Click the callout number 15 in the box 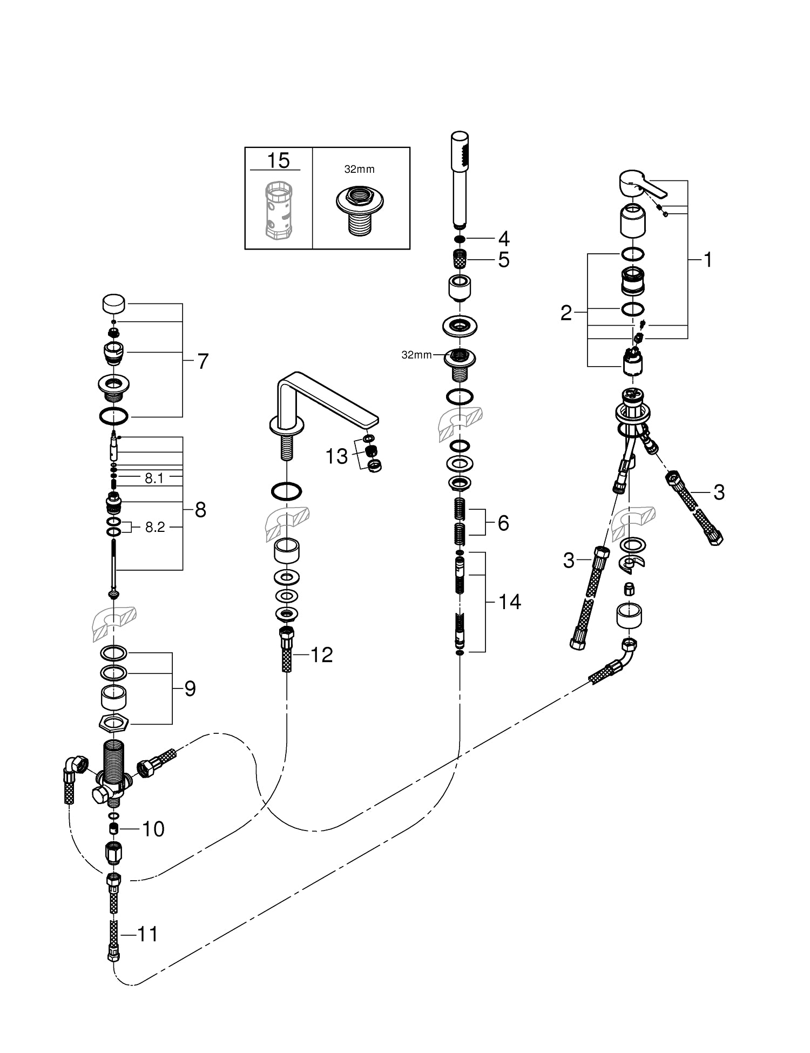pyautogui.click(x=279, y=160)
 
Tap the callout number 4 pyautogui.click(x=503, y=238)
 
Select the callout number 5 pyautogui.click(x=503, y=260)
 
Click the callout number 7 pyautogui.click(x=202, y=361)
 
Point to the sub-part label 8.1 pyautogui.click(x=154, y=478)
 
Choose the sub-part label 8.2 pyautogui.click(x=154, y=527)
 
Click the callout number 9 pyautogui.click(x=190, y=688)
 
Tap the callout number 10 pyautogui.click(x=153, y=829)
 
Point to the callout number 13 pyautogui.click(x=336, y=456)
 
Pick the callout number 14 pyautogui.click(x=509, y=601)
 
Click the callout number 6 pyautogui.click(x=503, y=523)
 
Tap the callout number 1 pyautogui.click(x=707, y=260)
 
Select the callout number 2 pyautogui.click(x=566, y=313)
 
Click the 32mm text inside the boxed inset pyautogui.click(x=359, y=170)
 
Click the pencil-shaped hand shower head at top pyautogui.click(x=460, y=178)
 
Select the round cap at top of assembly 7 pyautogui.click(x=114, y=303)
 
